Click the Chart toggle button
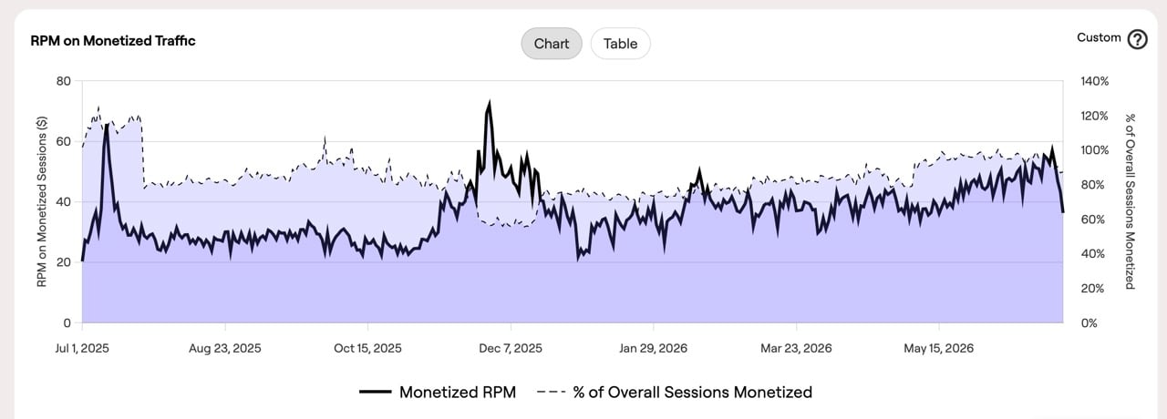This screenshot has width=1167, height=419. pyautogui.click(x=552, y=44)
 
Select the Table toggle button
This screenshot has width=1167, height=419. pyautogui.click(x=621, y=44)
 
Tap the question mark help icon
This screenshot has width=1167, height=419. pyautogui.click(x=1137, y=39)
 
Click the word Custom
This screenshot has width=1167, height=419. pyautogui.click(x=1099, y=37)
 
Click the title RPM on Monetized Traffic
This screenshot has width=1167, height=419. pyautogui.click(x=113, y=41)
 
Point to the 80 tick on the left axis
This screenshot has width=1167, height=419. pyautogui.click(x=64, y=81)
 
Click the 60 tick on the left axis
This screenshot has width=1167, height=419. pyautogui.click(x=64, y=141)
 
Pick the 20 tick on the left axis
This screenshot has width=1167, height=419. pyautogui.click(x=64, y=262)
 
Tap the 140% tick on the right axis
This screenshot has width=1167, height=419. pyautogui.click(x=1095, y=81)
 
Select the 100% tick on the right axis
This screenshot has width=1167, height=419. pyautogui.click(x=1095, y=150)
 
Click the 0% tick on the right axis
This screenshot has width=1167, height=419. pyautogui.click(x=1089, y=323)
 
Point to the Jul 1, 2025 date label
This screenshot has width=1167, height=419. pyautogui.click(x=82, y=348)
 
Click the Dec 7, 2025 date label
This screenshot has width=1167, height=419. pyautogui.click(x=511, y=348)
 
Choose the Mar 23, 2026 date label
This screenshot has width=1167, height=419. pyautogui.click(x=796, y=348)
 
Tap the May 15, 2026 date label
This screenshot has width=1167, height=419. pyautogui.click(x=939, y=348)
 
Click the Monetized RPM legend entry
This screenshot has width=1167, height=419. pyautogui.click(x=438, y=392)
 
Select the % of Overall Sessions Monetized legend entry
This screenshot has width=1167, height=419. pyautogui.click(x=674, y=392)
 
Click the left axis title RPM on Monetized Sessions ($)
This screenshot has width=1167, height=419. pyautogui.click(x=42, y=202)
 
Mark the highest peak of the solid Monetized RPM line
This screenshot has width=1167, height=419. pyautogui.click(x=490, y=101)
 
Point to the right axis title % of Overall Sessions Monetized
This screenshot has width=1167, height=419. pyautogui.click(x=1130, y=201)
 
